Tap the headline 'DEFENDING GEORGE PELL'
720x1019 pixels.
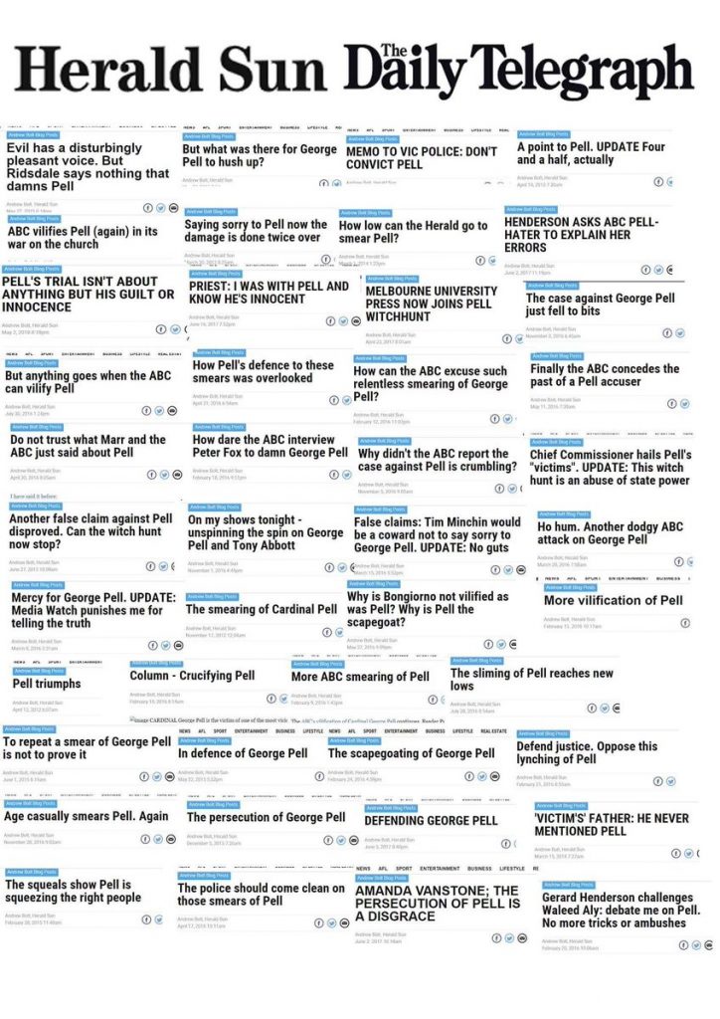pyautogui.click(x=431, y=821)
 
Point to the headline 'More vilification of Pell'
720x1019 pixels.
pyautogui.click(x=613, y=600)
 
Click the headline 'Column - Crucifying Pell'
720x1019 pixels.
pyautogui.click(x=192, y=675)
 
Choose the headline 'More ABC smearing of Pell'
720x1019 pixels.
pyautogui.click(x=360, y=677)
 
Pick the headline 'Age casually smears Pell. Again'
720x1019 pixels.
pyautogui.click(x=87, y=816)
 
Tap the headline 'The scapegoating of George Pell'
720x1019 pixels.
pyautogui.click(x=412, y=753)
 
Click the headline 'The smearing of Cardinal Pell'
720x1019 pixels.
pyautogui.click(x=262, y=609)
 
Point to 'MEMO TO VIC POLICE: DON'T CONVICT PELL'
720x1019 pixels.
pyautogui.click(x=421, y=158)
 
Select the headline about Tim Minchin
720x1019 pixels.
pyautogui.click(x=438, y=535)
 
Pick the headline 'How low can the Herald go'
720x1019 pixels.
pyautogui.click(x=413, y=232)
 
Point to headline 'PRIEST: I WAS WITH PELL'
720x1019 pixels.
pyautogui.click(x=269, y=292)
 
